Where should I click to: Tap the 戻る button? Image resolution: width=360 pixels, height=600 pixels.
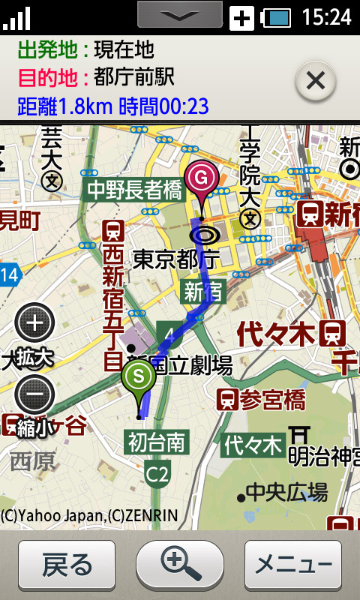coord(67,564)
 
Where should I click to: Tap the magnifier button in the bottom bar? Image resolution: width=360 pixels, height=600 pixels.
coord(180,564)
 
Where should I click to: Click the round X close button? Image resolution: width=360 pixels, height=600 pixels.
coord(315,80)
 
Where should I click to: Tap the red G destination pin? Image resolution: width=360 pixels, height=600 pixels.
coord(201,179)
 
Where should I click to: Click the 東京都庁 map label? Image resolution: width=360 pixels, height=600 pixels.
coord(175,259)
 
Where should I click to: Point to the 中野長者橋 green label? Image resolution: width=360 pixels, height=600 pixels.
coord(135,189)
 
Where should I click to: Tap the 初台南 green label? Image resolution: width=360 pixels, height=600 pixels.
coord(156,442)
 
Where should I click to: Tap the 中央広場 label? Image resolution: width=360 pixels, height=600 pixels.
coord(286,493)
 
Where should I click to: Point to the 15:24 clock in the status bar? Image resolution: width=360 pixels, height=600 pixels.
coord(326,16)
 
